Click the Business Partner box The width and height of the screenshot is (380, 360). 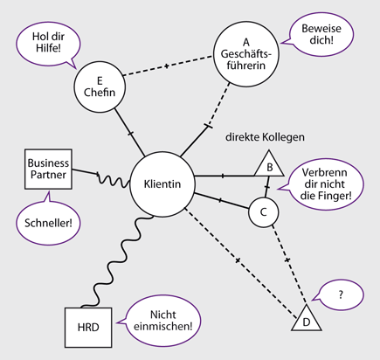[48, 168]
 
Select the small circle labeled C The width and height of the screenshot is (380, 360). [263, 211]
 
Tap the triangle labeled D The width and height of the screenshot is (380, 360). [305, 320]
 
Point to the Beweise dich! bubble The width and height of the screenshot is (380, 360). [323, 33]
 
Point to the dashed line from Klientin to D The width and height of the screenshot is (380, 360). [237, 260]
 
